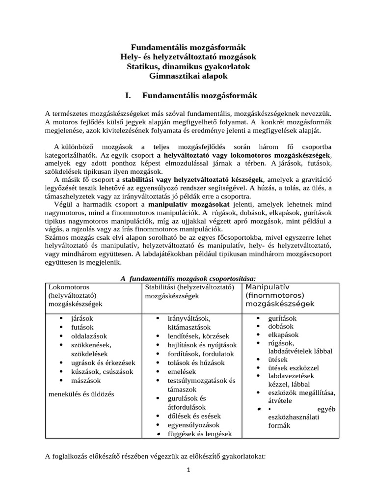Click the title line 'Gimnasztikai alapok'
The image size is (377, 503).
[188, 76]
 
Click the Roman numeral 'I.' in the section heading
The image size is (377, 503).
[131, 95]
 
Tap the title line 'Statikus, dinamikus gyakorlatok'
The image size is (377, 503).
[188, 66]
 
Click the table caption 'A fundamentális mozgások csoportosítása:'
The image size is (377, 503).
[188, 279]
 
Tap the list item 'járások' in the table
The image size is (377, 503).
[81, 318]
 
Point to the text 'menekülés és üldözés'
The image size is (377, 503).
[81, 393]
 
